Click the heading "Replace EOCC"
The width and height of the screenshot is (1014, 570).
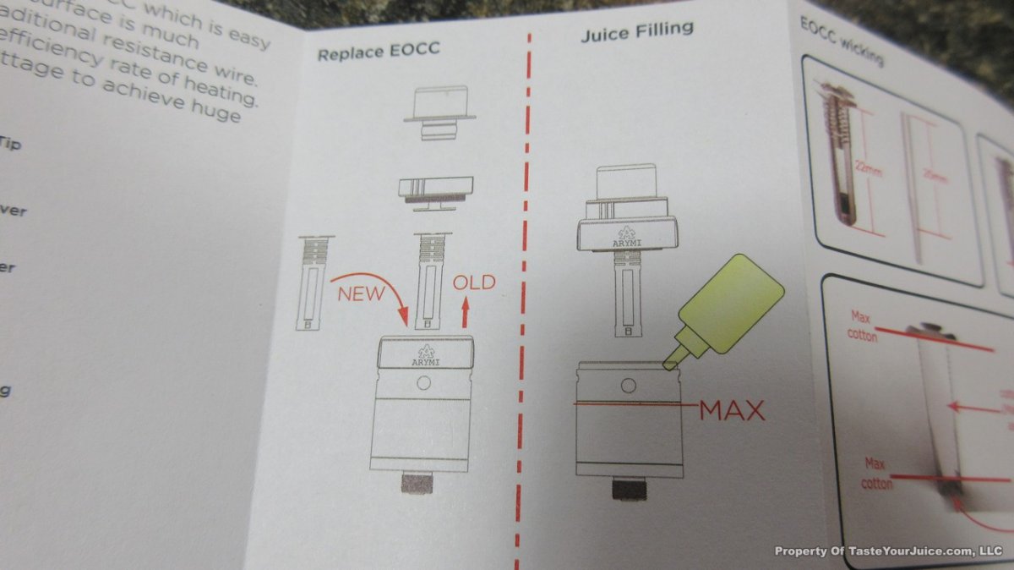tap(379, 51)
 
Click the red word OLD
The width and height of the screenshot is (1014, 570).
tap(474, 282)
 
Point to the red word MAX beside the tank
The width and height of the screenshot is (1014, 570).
tap(732, 411)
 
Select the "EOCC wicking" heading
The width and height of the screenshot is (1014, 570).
tap(842, 41)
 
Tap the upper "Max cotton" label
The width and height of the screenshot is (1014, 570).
tap(862, 325)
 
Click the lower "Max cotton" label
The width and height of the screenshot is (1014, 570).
tap(876, 473)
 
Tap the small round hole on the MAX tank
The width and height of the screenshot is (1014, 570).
tap(628, 386)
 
